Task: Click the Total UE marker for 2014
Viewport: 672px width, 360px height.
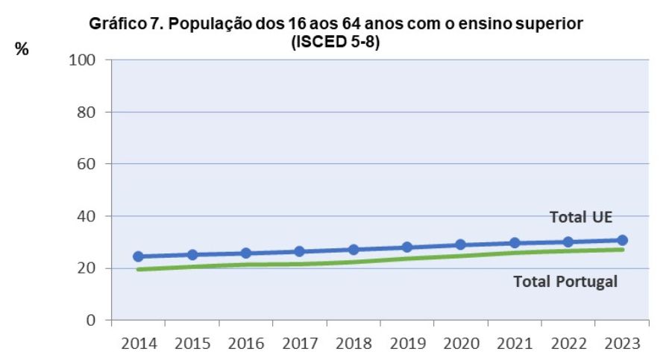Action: [138, 256]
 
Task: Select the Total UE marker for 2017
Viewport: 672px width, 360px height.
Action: [299, 251]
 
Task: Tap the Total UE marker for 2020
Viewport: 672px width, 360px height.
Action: [460, 244]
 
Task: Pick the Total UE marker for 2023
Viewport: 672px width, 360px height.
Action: [622, 240]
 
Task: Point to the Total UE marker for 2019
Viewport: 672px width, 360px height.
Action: [406, 247]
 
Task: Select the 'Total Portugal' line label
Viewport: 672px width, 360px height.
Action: [566, 282]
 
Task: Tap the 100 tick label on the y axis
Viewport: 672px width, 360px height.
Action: [84, 60]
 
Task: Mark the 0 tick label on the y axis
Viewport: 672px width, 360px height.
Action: [93, 320]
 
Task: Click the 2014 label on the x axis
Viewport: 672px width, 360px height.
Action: [138, 345]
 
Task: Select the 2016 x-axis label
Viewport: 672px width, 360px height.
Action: [245, 345]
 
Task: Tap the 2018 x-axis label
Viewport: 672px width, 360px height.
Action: [353, 345]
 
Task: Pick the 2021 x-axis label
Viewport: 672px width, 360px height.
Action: [514, 345]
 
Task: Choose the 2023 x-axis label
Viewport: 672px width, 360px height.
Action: [622, 345]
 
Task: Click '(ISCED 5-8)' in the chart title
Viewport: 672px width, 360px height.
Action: [335, 42]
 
